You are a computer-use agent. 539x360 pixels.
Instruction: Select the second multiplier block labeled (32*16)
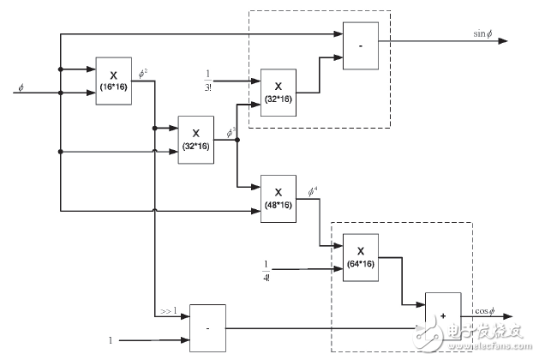[195, 137]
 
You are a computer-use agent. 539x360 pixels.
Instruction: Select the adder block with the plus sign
[442, 315]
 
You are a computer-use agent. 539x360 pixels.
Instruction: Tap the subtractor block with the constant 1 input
[207, 327]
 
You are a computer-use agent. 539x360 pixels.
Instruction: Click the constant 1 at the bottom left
[111, 340]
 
